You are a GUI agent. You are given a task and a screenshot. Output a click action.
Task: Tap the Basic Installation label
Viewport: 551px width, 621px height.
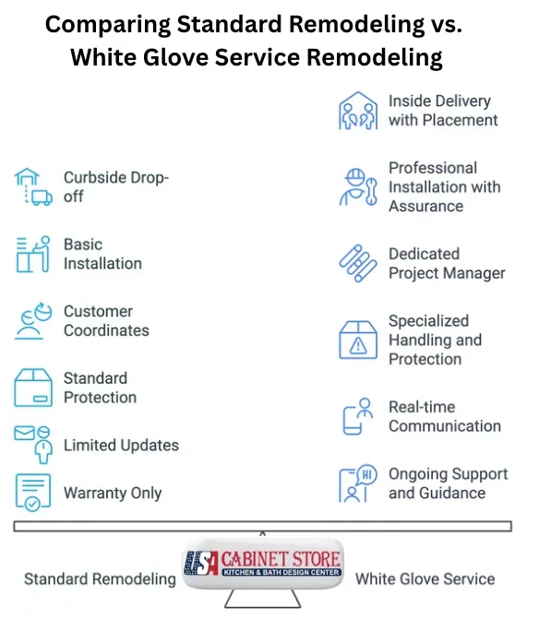[102, 254]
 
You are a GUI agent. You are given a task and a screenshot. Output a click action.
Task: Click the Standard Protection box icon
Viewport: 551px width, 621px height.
[32, 388]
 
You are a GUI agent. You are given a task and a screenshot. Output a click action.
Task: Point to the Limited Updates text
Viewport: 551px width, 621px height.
[121, 445]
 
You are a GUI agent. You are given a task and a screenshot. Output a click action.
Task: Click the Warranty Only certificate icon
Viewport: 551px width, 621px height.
[32, 492]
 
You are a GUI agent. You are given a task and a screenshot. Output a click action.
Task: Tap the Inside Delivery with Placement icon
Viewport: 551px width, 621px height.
[357, 110]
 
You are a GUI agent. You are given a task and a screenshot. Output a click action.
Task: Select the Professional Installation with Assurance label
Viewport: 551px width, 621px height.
[444, 186]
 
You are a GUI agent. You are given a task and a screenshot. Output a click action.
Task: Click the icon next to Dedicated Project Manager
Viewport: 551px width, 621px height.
[357, 263]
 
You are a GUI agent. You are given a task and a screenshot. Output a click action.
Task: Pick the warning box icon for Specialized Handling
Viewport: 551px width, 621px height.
[358, 340]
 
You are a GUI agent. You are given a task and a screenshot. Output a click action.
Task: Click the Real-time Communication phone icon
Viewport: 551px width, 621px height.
[357, 416]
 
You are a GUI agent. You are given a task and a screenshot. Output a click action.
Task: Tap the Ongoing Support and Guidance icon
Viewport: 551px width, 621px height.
[357, 484]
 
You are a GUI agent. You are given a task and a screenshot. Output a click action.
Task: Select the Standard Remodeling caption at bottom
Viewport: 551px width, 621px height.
[100, 579]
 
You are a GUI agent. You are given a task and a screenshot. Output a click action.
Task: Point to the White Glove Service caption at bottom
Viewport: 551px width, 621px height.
[425, 579]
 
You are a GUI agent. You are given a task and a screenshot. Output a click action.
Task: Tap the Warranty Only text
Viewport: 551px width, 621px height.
[113, 493]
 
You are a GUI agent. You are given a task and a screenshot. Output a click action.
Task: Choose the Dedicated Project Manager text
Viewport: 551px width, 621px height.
[447, 263]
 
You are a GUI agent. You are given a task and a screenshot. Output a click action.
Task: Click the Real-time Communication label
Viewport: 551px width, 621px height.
[444, 416]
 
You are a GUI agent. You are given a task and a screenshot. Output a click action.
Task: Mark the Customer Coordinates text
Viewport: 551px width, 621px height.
[106, 321]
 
